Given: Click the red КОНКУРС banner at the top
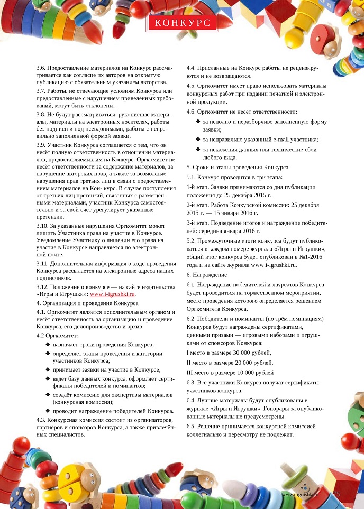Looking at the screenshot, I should pyautogui.click(x=181, y=23).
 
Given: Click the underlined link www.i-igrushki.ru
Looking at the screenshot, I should pyautogui.click(x=113, y=294).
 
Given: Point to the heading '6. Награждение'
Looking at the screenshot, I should pyautogui.click(x=207, y=275).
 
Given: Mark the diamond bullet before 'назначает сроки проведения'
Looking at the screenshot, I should pyautogui.click(x=48, y=344).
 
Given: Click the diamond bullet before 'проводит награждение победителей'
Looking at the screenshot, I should pyautogui.click(x=48, y=411).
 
